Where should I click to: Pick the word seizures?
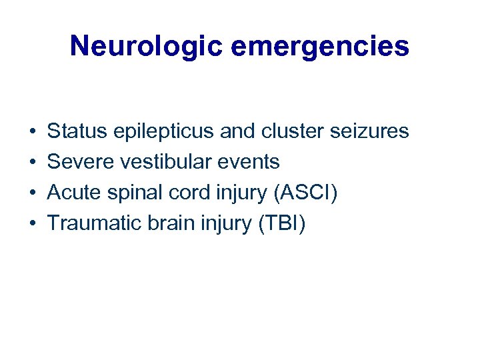coord(370,131)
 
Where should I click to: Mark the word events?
coord(251,162)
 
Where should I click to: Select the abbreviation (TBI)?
coord(281,224)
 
